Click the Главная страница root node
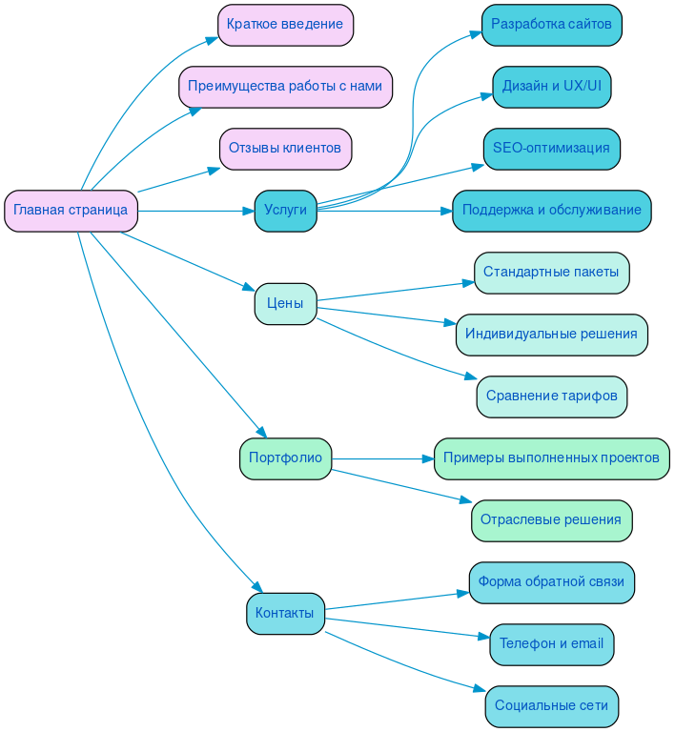pos(71,211)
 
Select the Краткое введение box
pos(285,25)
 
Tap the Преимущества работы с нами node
pos(285,87)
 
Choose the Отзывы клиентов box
pos(285,149)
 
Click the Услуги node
pos(285,211)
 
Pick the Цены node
pos(285,304)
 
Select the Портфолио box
pos(285,458)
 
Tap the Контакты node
pos(285,614)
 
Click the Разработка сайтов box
pos(551,25)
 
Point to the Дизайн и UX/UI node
pos(551,87)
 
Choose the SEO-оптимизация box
pos(551,149)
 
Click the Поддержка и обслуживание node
pos(551,211)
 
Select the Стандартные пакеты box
pos(551,273)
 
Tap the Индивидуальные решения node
pos(551,335)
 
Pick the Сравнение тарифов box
pos(551,396)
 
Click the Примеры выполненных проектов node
pos(551,458)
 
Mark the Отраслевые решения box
pos(551,520)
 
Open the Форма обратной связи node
pos(551,582)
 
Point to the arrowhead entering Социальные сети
pos(480,690)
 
